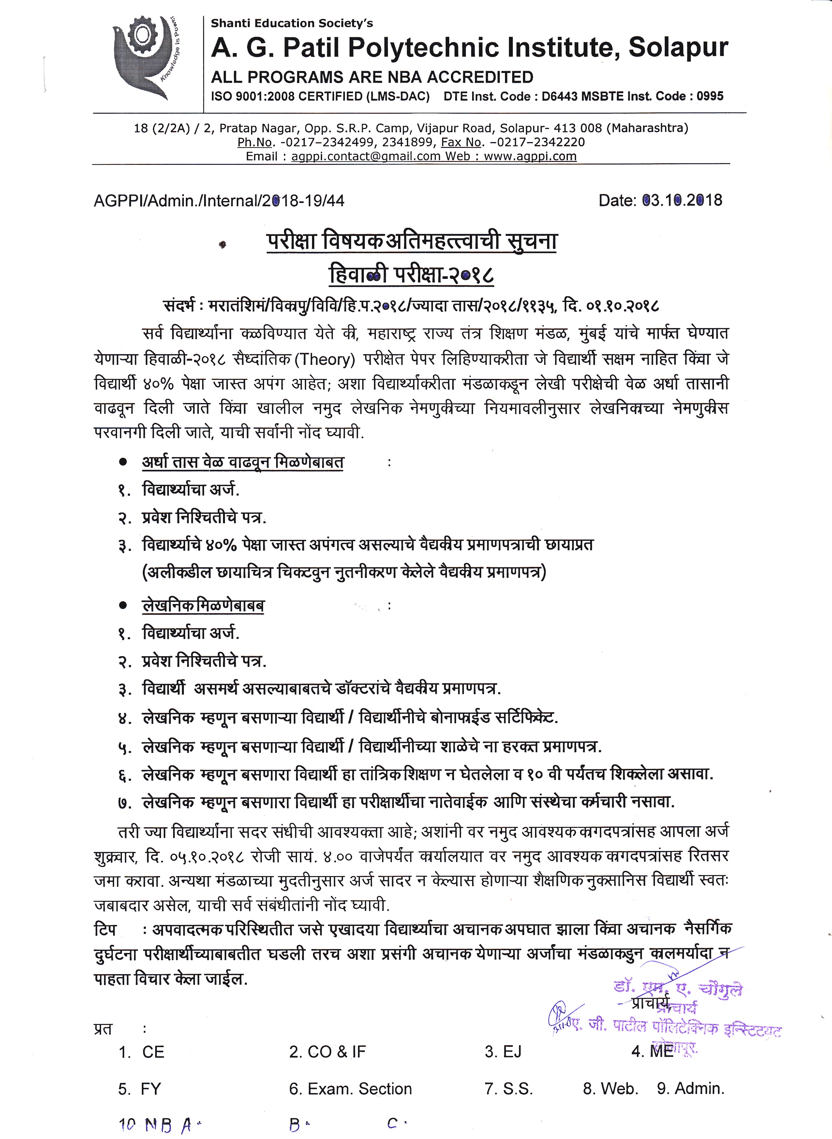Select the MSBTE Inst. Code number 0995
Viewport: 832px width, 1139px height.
point(710,96)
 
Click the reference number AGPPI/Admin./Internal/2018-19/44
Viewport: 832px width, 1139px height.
point(219,201)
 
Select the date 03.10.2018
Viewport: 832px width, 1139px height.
point(682,200)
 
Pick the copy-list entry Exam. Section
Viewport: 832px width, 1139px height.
point(350,1089)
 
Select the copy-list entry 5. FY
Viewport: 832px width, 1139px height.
point(140,1089)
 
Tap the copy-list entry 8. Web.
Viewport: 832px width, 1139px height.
point(610,1089)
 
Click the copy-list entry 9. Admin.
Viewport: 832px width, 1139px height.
point(691,1089)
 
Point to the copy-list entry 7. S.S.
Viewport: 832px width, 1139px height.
point(509,1089)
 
